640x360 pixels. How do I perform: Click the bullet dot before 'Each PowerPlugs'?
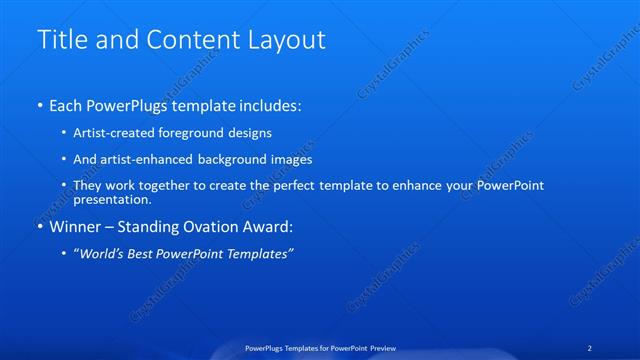coord(39,105)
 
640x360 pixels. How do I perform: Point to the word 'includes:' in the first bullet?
coord(268,105)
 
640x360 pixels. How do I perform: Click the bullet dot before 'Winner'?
coord(39,227)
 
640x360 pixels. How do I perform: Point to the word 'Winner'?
coord(76,227)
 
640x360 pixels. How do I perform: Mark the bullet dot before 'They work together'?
coord(65,186)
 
